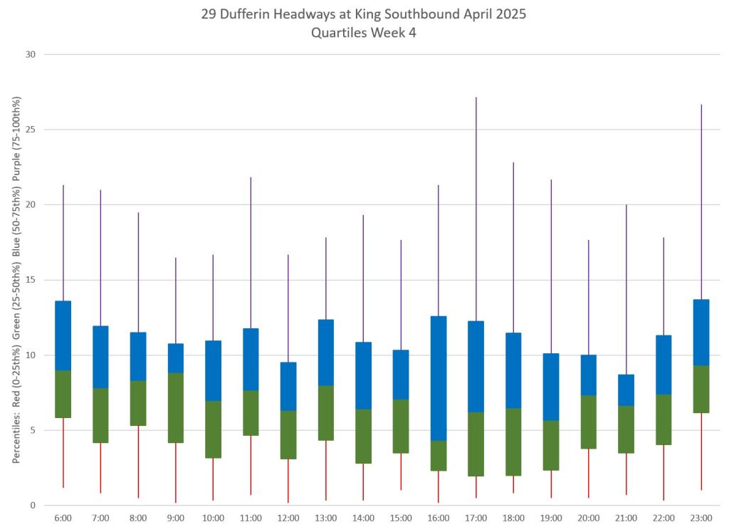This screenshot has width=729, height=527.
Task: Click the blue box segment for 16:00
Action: coord(439,378)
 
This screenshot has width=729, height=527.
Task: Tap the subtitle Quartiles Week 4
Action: coord(364,33)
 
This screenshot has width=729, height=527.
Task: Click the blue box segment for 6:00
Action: coord(63,335)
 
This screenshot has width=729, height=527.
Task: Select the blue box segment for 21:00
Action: coord(626,390)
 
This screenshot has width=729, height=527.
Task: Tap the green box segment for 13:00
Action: coord(326,413)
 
